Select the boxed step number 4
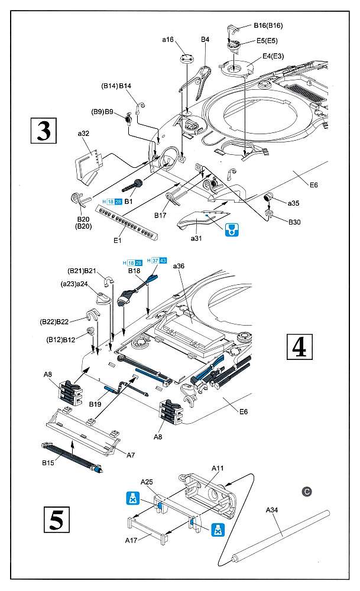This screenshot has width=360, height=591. pos(299,347)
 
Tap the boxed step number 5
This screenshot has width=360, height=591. pos(57,519)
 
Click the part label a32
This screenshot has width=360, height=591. pos(83,134)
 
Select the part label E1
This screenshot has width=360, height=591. pos(117,241)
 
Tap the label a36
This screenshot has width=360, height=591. pos(179,267)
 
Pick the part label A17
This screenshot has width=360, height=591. pos(133,540)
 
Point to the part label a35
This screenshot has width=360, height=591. pos(293,203)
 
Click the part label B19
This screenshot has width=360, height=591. pos(96,404)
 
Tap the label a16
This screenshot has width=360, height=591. pos(167,40)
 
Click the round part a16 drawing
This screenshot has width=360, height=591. pos(186,60)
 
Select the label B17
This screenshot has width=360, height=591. pos(160,215)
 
